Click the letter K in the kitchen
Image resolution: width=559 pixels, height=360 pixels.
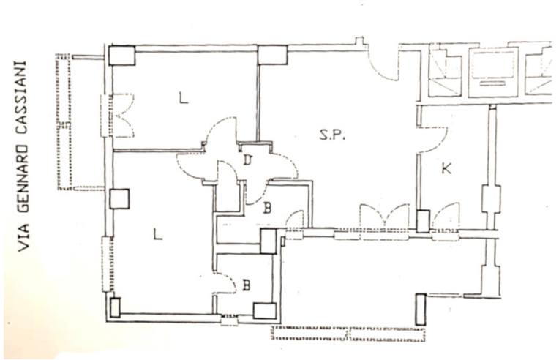[x=446, y=168]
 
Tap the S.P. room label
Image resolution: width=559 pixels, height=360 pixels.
[x=332, y=135]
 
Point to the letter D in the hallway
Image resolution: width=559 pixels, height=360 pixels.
[x=247, y=160]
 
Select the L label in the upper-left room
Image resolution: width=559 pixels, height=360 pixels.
[x=183, y=97]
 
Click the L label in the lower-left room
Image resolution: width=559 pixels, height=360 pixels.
[x=157, y=234]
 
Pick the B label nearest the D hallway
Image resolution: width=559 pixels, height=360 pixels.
[x=267, y=208]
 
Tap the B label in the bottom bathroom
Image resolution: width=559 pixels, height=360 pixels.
[x=247, y=285]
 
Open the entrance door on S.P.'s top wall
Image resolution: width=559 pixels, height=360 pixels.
[x=383, y=64]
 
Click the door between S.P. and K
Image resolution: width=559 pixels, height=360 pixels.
[x=432, y=140]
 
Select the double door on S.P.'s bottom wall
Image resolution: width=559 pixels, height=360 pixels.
[x=384, y=217]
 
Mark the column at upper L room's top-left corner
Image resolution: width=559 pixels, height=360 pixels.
[x=122, y=56]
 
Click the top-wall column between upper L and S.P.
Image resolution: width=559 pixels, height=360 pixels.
[x=272, y=55]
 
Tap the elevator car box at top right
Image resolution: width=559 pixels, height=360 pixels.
[x=492, y=72]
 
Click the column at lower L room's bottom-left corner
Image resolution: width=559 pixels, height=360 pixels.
[x=115, y=307]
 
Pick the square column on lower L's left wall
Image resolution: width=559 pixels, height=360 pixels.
[x=119, y=199]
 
